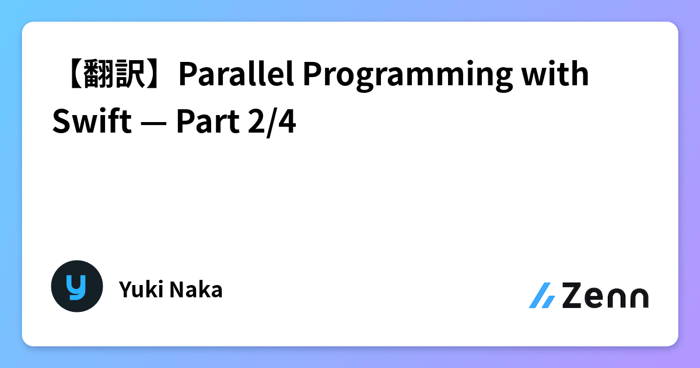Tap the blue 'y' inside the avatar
[76, 286]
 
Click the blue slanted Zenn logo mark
[542, 296]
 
